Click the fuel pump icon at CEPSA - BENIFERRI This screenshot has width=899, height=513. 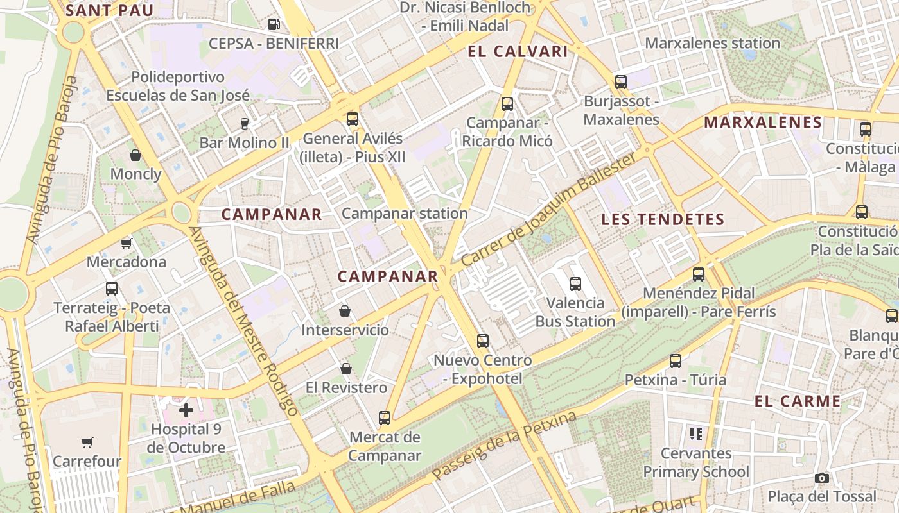point(274,24)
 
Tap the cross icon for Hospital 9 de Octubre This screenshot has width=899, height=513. point(186,410)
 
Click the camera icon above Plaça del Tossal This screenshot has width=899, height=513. point(821,478)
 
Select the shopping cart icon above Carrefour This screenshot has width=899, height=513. point(87,442)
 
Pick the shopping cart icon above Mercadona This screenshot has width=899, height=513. point(127,243)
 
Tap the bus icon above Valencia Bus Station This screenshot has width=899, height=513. point(575,283)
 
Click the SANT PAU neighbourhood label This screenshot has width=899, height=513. point(110,10)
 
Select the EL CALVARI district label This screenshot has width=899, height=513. point(518,52)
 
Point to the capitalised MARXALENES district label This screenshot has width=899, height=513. point(763,122)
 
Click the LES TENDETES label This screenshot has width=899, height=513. point(663,219)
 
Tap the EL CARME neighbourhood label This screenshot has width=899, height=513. point(797,401)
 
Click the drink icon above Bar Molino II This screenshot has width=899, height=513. point(244,123)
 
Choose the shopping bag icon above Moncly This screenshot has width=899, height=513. point(135,155)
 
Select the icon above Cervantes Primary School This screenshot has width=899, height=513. point(695,434)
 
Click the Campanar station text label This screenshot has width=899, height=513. point(405,214)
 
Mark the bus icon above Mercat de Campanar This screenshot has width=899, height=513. point(385,418)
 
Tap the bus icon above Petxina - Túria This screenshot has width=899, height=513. point(676,361)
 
